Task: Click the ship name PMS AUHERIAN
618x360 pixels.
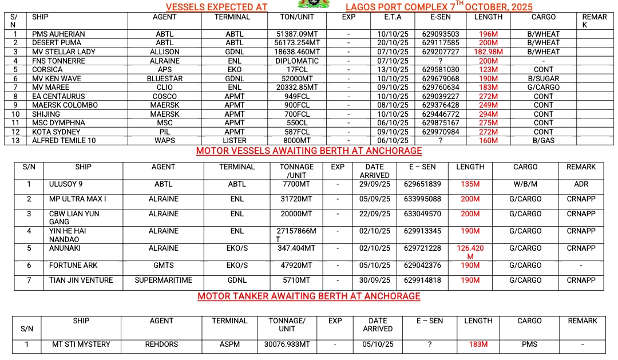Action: tap(58, 34)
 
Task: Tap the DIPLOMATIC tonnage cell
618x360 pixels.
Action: tap(298, 61)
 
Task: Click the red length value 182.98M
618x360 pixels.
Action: tap(488, 52)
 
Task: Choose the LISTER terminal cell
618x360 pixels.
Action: tap(235, 141)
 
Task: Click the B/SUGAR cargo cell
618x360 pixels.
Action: tap(544, 79)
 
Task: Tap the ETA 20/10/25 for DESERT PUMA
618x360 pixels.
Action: tap(393, 43)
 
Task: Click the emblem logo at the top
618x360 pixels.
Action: tap(314, 5)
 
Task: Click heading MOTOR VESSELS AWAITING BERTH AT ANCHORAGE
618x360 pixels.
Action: tap(309, 151)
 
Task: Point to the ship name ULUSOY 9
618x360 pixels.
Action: tap(66, 184)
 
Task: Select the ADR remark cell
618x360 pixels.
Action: tap(581, 184)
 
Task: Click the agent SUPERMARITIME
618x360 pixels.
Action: tap(164, 280)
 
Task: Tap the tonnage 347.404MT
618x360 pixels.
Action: tap(296, 248)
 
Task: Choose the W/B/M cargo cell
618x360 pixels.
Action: tap(525, 184)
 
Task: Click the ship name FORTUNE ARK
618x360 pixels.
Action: tap(73, 266)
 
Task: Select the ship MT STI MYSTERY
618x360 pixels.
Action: tap(81, 345)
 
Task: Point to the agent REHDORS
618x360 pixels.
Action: tap(161, 345)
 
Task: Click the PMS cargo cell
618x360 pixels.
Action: tap(529, 345)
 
